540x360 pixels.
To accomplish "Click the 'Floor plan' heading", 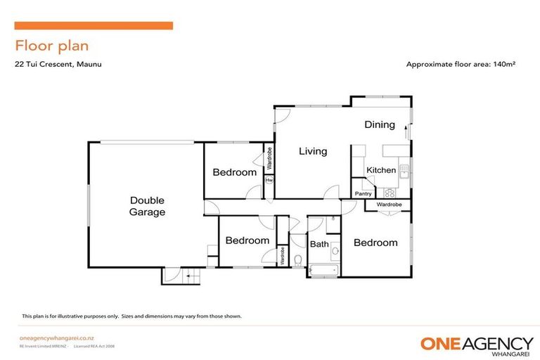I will (52, 46).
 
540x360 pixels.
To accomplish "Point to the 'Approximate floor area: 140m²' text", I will (461, 65).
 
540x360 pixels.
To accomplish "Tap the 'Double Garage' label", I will (148, 205).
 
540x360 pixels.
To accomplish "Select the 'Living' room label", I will (313, 150).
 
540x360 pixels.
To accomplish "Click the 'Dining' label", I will (380, 125).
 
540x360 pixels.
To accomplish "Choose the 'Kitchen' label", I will (381, 170).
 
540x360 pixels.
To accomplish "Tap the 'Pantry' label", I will (363, 193).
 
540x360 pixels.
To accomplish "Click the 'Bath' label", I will (319, 245).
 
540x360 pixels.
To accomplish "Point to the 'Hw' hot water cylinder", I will (269, 181).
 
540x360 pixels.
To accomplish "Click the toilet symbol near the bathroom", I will (298, 260).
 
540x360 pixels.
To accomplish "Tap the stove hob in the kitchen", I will (390, 192).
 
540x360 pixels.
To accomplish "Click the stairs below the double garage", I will (181, 276).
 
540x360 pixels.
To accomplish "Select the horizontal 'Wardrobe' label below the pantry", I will (389, 205).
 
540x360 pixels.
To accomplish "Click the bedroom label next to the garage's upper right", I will (235, 172).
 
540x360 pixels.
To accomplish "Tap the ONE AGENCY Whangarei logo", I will (476, 344).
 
